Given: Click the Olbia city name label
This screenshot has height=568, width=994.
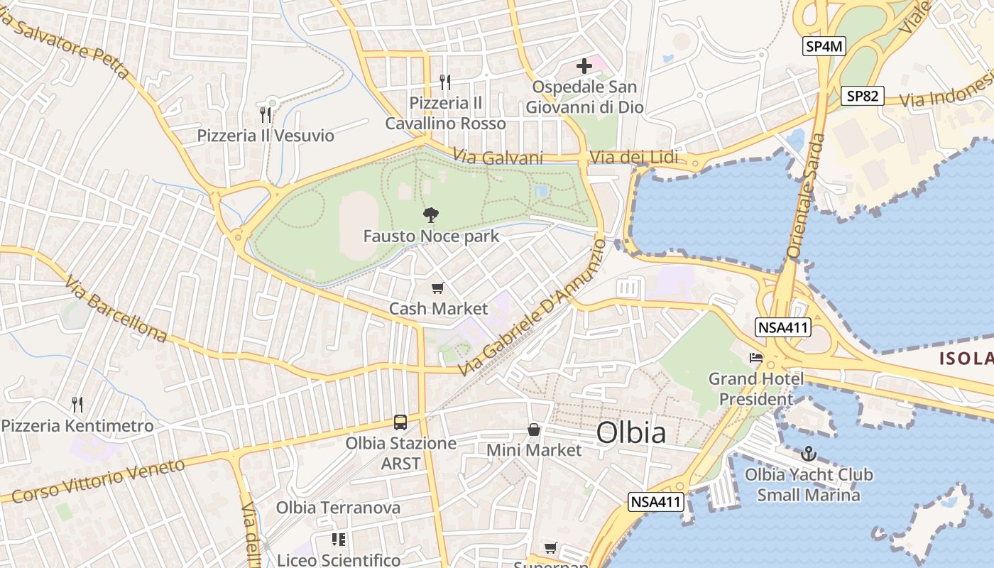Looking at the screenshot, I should (631, 432).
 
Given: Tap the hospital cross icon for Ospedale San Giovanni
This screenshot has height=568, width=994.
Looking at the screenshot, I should (584, 67).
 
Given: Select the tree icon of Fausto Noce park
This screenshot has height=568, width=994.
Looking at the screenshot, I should (430, 214).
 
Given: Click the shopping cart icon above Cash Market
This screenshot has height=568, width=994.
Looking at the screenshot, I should (438, 288).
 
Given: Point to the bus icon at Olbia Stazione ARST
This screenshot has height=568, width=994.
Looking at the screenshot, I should (400, 422).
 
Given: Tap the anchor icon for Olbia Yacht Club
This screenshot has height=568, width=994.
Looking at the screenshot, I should (808, 453).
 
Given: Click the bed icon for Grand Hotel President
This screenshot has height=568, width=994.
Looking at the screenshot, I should (756, 357).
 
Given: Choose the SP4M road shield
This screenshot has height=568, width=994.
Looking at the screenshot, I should (825, 47).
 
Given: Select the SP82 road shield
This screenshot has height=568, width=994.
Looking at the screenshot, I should (863, 96).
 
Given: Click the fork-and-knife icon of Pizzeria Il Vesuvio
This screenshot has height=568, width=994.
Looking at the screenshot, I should (266, 114).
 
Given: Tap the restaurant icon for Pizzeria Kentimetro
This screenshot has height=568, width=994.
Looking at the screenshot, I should (77, 405).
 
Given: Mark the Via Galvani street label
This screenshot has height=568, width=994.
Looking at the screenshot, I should (498, 158).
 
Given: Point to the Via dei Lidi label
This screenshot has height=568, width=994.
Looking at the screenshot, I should (634, 158).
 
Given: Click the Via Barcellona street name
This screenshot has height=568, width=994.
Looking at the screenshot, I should (116, 310).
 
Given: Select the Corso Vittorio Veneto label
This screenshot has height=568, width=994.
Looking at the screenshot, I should (98, 481).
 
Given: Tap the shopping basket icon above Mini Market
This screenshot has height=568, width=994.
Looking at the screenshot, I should (534, 430).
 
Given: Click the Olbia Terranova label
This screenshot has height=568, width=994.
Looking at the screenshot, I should (338, 508).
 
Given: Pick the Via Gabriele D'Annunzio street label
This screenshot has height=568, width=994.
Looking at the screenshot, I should (532, 308).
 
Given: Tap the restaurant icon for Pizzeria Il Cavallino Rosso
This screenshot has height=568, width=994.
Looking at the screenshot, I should (445, 82).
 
